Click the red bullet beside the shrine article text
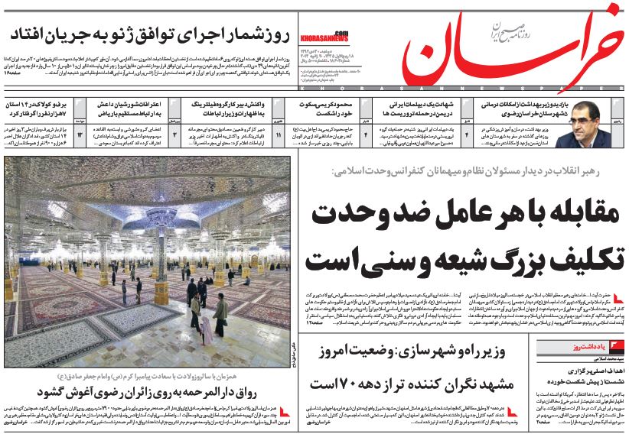tap(285, 413)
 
